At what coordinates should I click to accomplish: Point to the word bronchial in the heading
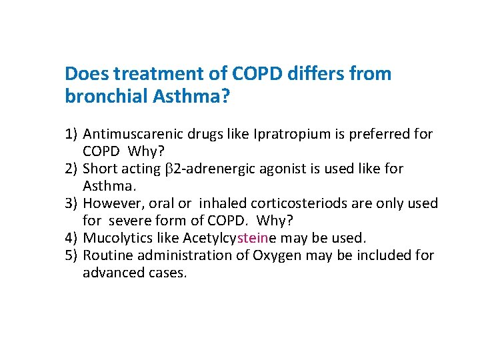(106, 97)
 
